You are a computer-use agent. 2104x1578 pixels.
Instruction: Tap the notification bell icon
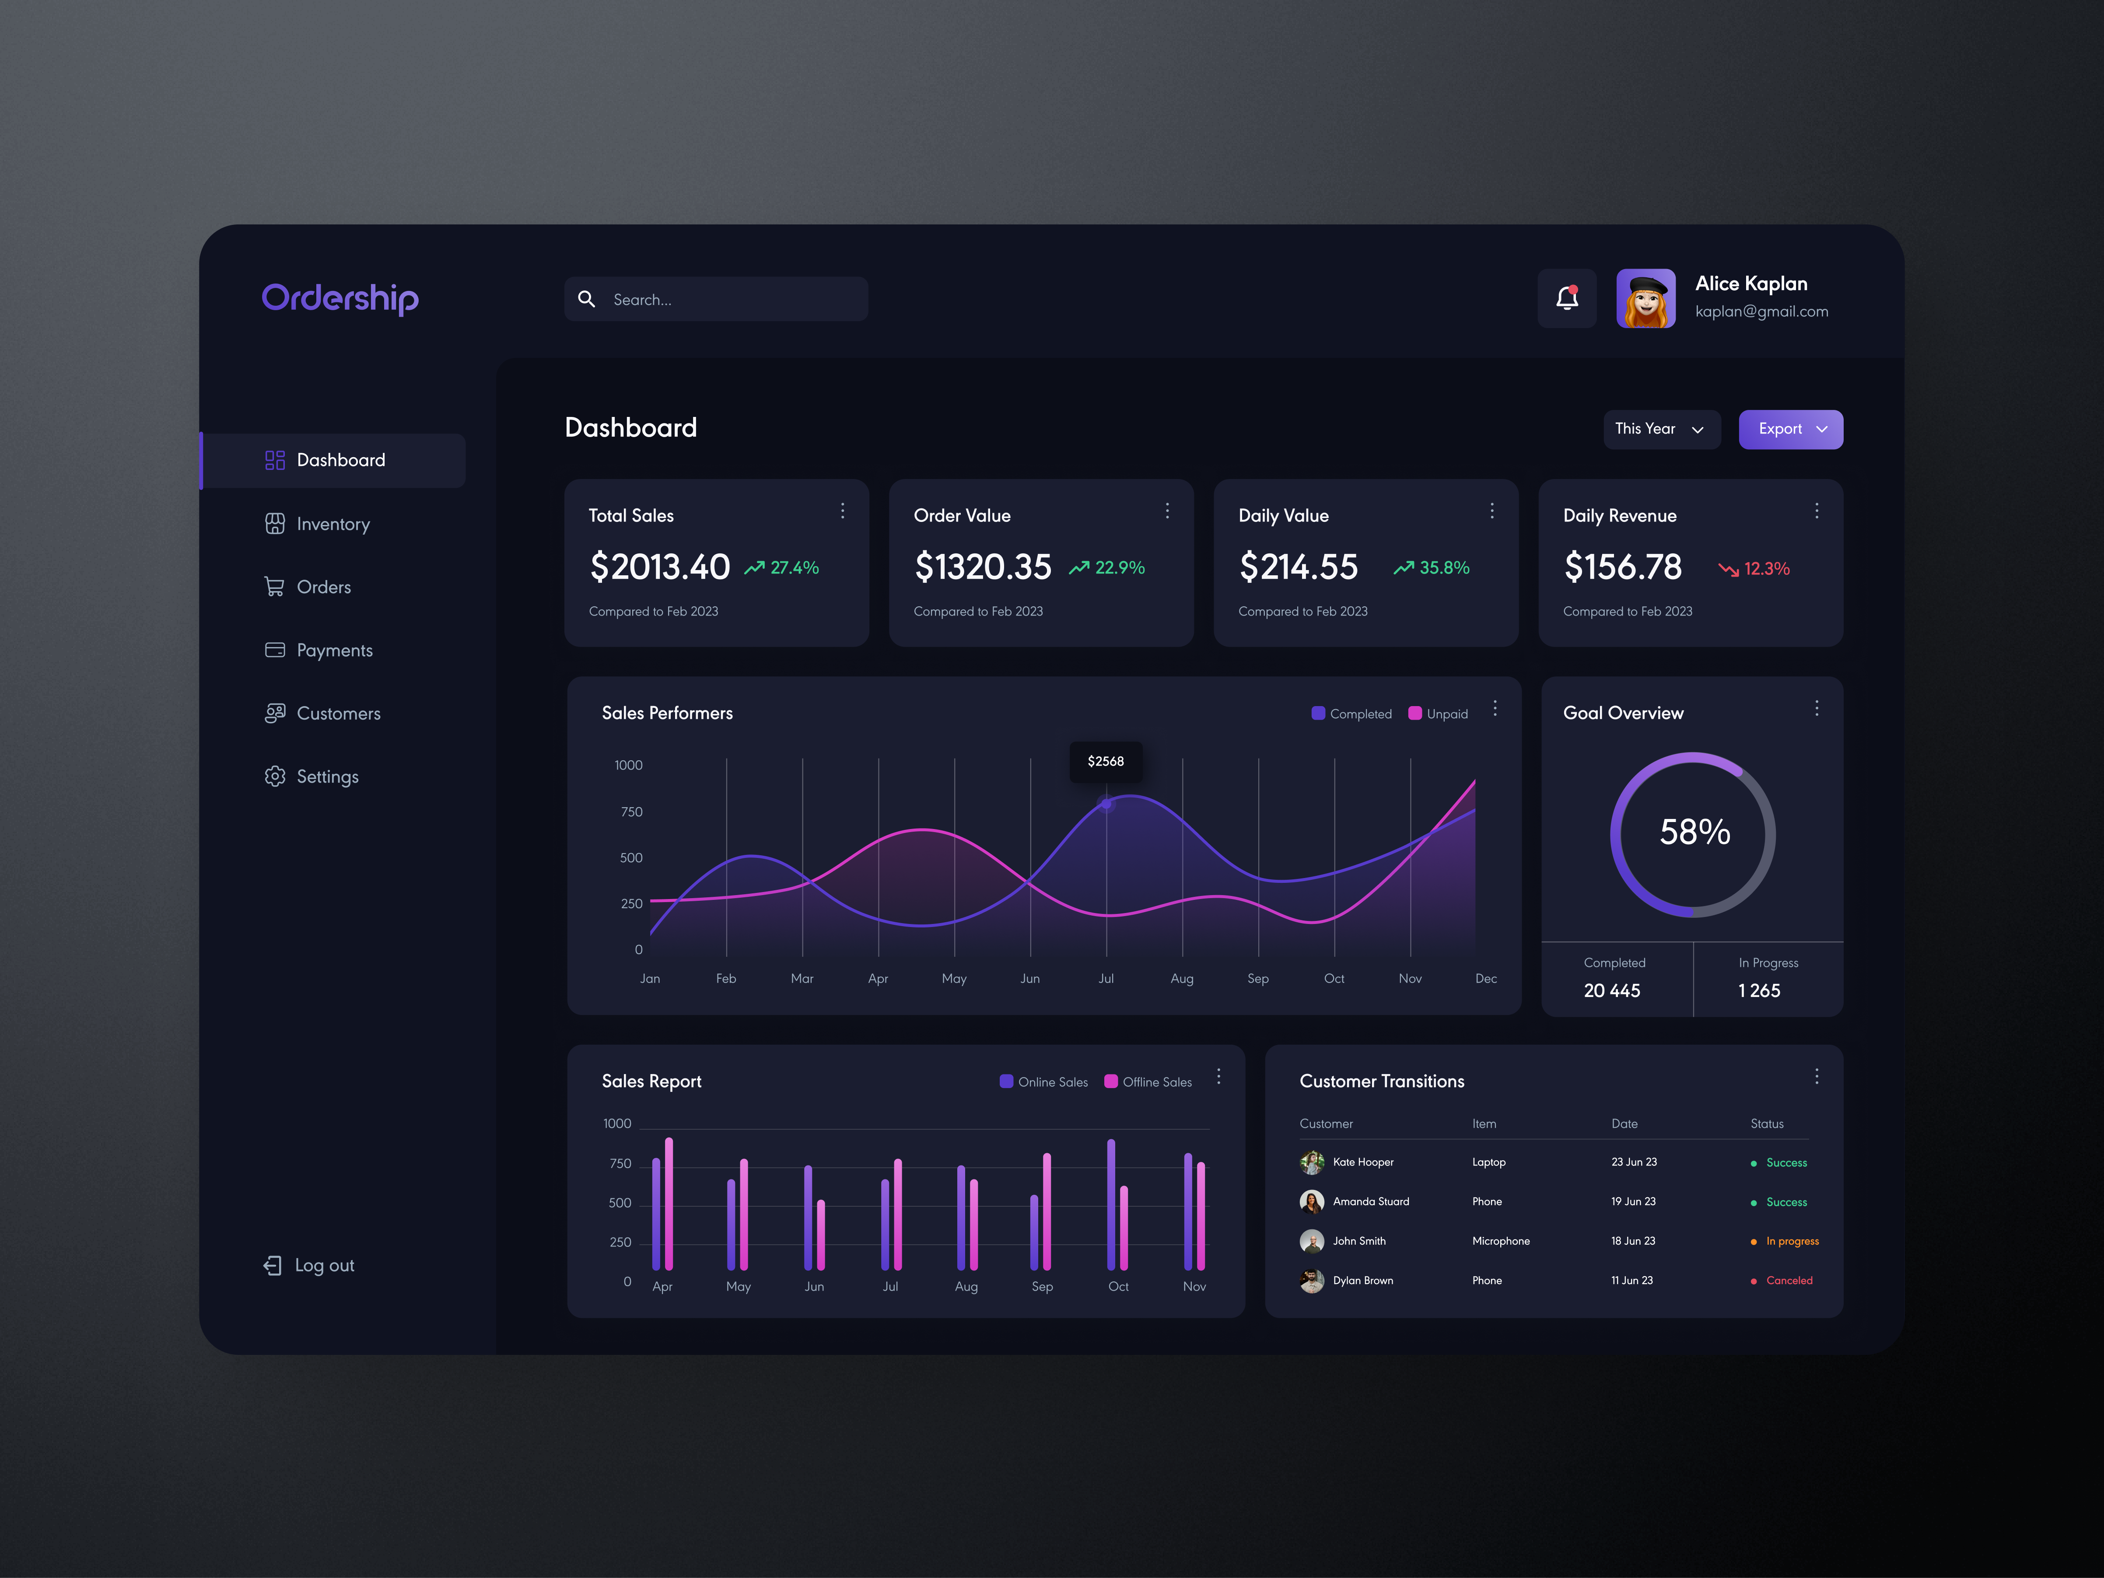pyautogui.click(x=1567, y=299)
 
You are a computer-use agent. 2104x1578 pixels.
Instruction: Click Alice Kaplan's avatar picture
pyautogui.click(x=1645, y=299)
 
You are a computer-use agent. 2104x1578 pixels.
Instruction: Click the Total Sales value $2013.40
pyautogui.click(x=659, y=567)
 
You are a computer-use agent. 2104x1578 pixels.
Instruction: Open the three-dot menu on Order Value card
pyautogui.click(x=1167, y=512)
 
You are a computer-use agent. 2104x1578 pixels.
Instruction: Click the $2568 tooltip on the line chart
pyautogui.click(x=1105, y=761)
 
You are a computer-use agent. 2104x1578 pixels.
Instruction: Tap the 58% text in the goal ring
pyautogui.click(x=1694, y=832)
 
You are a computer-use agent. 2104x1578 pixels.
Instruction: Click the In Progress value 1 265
pyautogui.click(x=1759, y=990)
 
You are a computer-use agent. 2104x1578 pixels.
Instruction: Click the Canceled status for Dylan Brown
pyautogui.click(x=1788, y=1280)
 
